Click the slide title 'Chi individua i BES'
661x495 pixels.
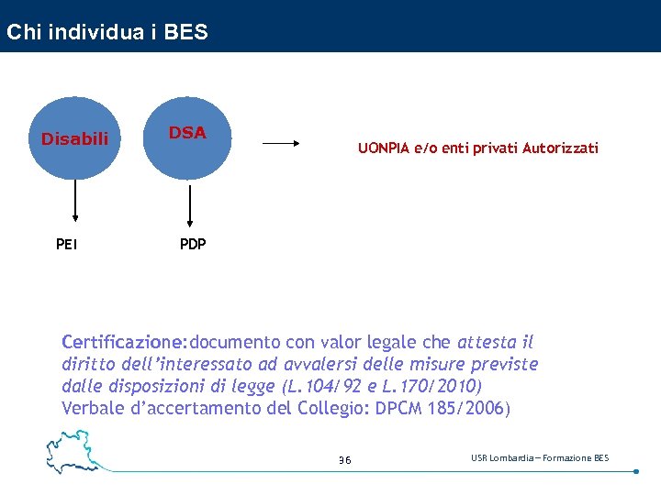[107, 33]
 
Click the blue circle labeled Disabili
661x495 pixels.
[74, 138]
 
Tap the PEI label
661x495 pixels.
[66, 244]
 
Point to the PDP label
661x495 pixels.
[193, 244]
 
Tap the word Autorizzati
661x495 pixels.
[560, 148]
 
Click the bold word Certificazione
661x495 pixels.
[122, 343]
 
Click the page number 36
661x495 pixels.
[344, 459]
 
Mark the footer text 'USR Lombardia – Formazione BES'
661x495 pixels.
[540, 457]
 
